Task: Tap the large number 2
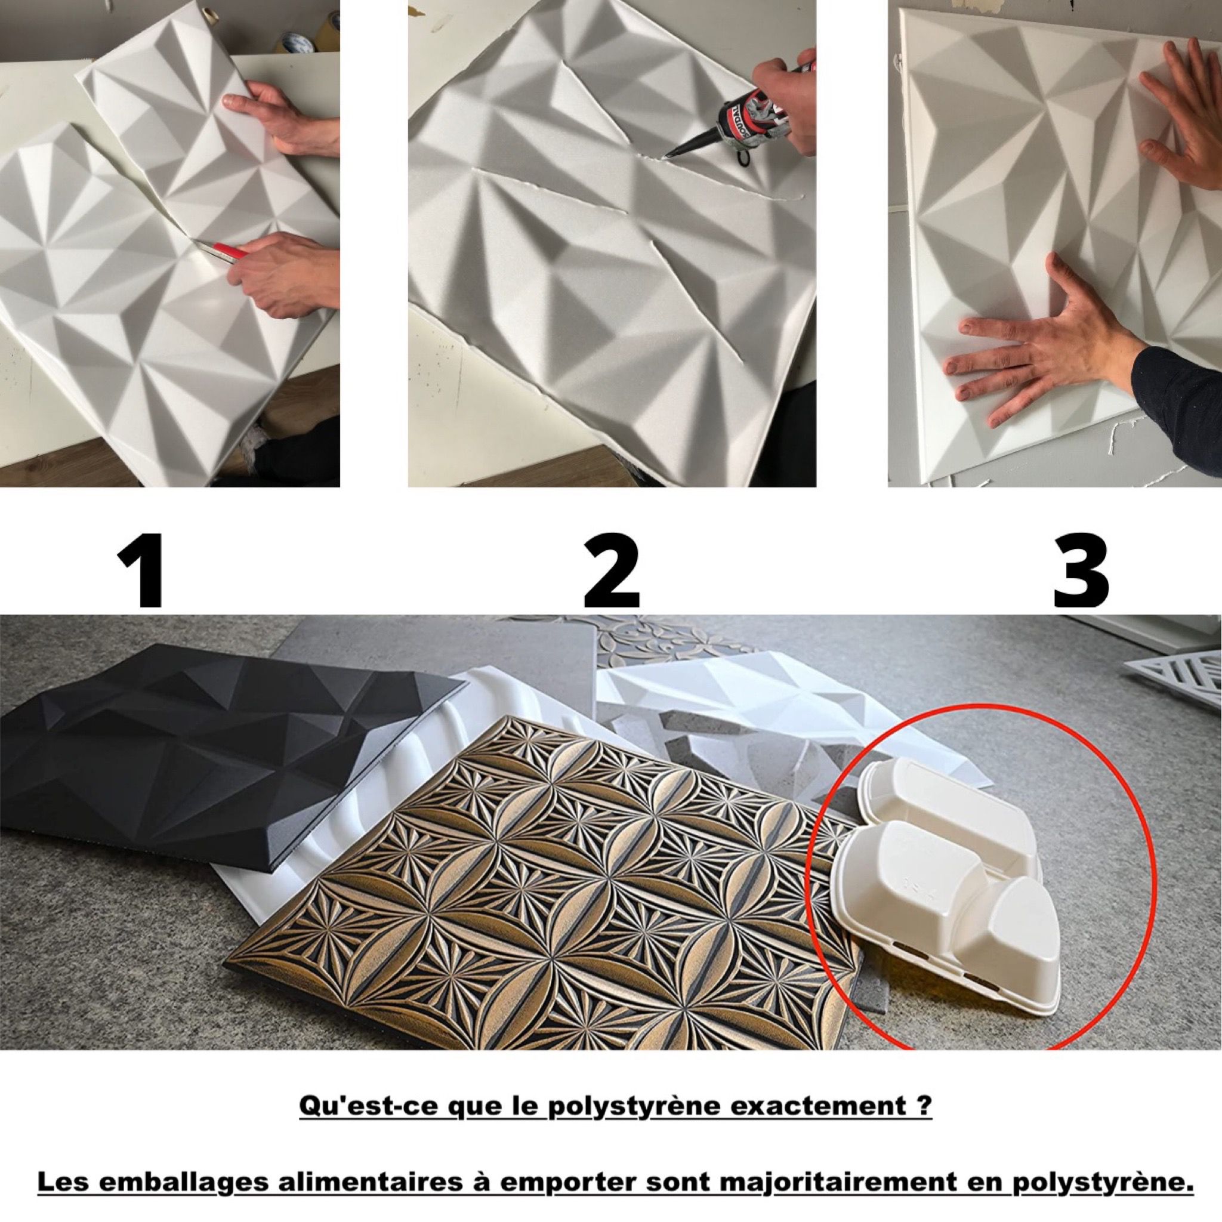click(x=611, y=570)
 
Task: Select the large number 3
click(x=1081, y=570)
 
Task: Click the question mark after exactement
click(x=924, y=1124)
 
